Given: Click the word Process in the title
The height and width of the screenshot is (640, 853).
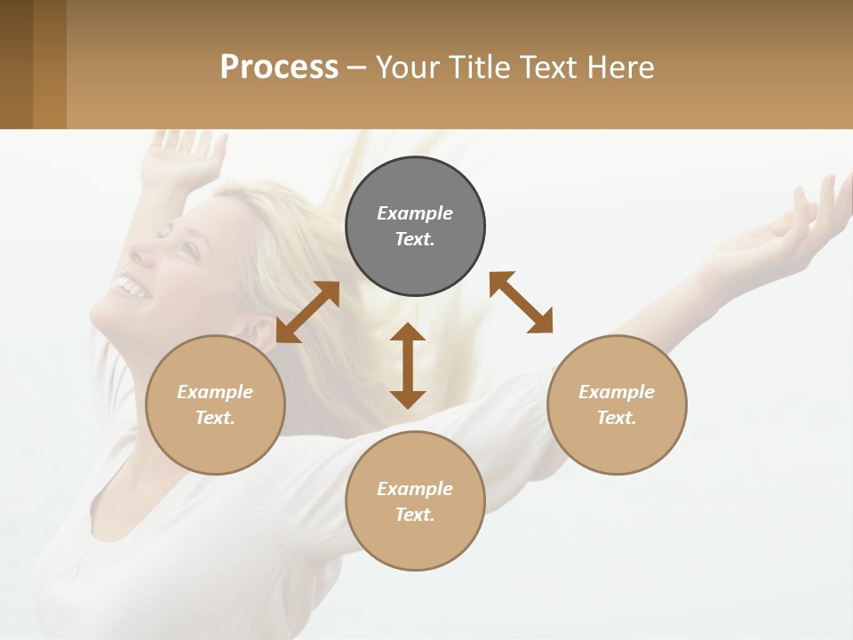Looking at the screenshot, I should point(279,68).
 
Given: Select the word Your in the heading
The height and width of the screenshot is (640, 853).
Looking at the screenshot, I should point(406,68).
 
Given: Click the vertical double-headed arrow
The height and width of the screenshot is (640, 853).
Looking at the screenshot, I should point(408,365).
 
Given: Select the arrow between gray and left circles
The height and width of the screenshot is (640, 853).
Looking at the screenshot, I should point(307,312).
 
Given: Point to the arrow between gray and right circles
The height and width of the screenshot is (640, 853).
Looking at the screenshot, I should point(521,302).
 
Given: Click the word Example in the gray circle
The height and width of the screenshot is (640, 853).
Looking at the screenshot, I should point(415,213).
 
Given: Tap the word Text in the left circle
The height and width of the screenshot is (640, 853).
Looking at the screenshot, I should point(215,418).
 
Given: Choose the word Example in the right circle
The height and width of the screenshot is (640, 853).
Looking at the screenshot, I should point(617,392).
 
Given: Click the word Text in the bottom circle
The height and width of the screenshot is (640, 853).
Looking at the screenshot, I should point(415,515).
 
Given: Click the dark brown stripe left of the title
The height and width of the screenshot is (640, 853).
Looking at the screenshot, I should point(16,64).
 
